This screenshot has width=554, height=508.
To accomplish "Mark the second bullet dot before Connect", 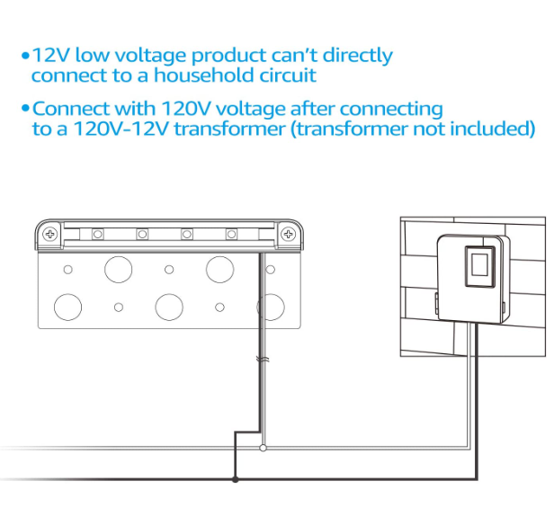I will (x=25, y=110).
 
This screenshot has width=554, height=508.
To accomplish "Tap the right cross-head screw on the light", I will (x=288, y=235).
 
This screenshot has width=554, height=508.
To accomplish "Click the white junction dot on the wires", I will (x=263, y=447).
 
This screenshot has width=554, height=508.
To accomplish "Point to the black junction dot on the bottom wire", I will (x=236, y=479).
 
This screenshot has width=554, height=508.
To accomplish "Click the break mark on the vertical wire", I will (x=261, y=359).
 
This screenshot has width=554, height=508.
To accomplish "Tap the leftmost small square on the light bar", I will (x=96, y=235).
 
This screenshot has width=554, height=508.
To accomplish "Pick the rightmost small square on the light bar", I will (x=230, y=235).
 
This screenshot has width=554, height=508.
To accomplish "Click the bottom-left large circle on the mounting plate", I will (x=67, y=307).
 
